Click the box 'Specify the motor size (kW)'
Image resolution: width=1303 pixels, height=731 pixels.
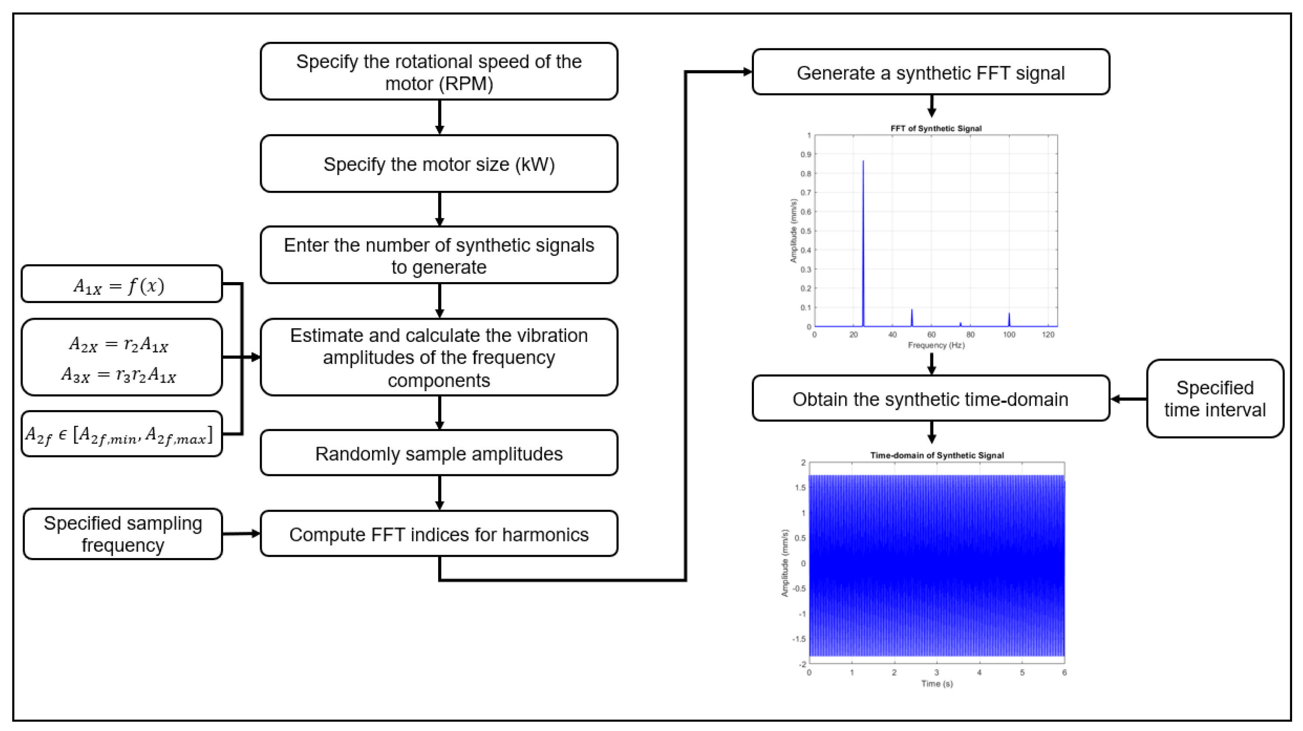[x=439, y=164]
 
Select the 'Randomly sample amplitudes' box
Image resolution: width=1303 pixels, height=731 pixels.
[x=439, y=453]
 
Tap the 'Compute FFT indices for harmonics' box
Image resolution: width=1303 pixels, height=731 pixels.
[x=439, y=534]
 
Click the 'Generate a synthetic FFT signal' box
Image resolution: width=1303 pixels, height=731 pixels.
[x=930, y=72]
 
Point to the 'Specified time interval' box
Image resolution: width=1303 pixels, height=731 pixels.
[x=1214, y=398]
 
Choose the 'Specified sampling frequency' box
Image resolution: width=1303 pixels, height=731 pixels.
[x=122, y=534]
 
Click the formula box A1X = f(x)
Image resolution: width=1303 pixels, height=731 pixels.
[x=121, y=285]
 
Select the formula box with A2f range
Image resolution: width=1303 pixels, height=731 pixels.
[x=121, y=434]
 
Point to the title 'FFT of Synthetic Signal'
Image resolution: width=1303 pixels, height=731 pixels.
[x=936, y=128]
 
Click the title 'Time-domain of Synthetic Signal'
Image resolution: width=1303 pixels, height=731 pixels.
[x=937, y=455]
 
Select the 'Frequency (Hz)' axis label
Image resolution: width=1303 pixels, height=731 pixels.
[x=936, y=345]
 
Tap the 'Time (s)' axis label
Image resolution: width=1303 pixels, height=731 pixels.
[x=937, y=683]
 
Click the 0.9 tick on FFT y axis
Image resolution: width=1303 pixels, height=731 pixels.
[x=806, y=155]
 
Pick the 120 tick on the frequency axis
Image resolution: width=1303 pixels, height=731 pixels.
[x=1048, y=334]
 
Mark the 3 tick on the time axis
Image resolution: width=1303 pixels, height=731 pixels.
[x=937, y=672]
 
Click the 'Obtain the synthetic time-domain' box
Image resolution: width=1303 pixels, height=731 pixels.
[x=930, y=398]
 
